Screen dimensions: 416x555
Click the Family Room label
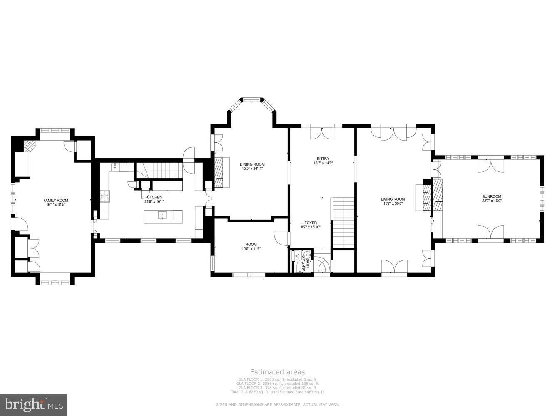click(x=55, y=200)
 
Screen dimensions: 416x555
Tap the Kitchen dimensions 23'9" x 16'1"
click(x=154, y=201)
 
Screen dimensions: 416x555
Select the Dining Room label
click(x=252, y=164)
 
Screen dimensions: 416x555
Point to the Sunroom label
click(x=491, y=196)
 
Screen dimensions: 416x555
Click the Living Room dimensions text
click(x=393, y=203)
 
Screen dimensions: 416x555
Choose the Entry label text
click(x=323, y=158)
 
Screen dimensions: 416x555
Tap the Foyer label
click(x=311, y=223)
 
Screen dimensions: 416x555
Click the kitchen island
click(x=163, y=216)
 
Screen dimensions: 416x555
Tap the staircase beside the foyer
click(x=343, y=223)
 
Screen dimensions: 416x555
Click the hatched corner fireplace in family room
click(x=29, y=146)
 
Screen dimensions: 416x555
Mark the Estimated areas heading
click(x=277, y=372)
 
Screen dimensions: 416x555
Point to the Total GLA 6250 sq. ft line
click(x=277, y=392)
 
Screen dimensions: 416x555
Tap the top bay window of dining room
click(x=252, y=100)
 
